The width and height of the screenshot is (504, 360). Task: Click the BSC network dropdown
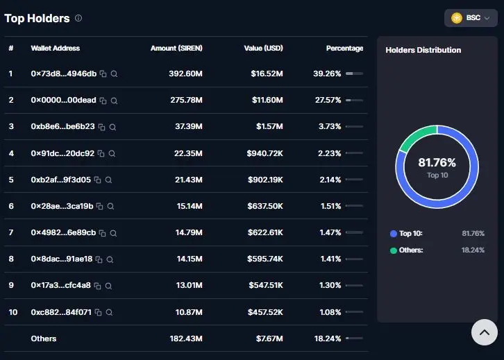471,18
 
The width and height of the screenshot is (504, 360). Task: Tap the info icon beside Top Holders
78,18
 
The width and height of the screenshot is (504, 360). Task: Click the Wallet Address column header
56,48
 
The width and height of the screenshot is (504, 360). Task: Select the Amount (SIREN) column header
176,48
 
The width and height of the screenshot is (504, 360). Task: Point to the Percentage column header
344,48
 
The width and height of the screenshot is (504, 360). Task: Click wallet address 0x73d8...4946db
64,74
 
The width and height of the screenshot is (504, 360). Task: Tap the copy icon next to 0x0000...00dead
103,101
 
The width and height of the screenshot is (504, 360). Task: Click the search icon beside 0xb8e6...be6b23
112,127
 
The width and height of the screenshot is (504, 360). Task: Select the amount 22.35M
188,153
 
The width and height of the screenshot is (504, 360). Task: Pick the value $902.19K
265,180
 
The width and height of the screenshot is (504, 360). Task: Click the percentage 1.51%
330,206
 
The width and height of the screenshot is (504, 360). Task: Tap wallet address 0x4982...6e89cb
63,232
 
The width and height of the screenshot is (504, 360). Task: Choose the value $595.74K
265,259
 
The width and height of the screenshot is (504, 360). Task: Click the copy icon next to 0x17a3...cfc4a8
97,286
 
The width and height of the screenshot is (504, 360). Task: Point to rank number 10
13,312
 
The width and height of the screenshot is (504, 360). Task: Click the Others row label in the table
44,338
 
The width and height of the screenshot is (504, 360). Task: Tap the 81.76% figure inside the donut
437,162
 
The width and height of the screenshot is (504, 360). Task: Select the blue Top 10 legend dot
394,234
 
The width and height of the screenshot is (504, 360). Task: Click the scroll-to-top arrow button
485,332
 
